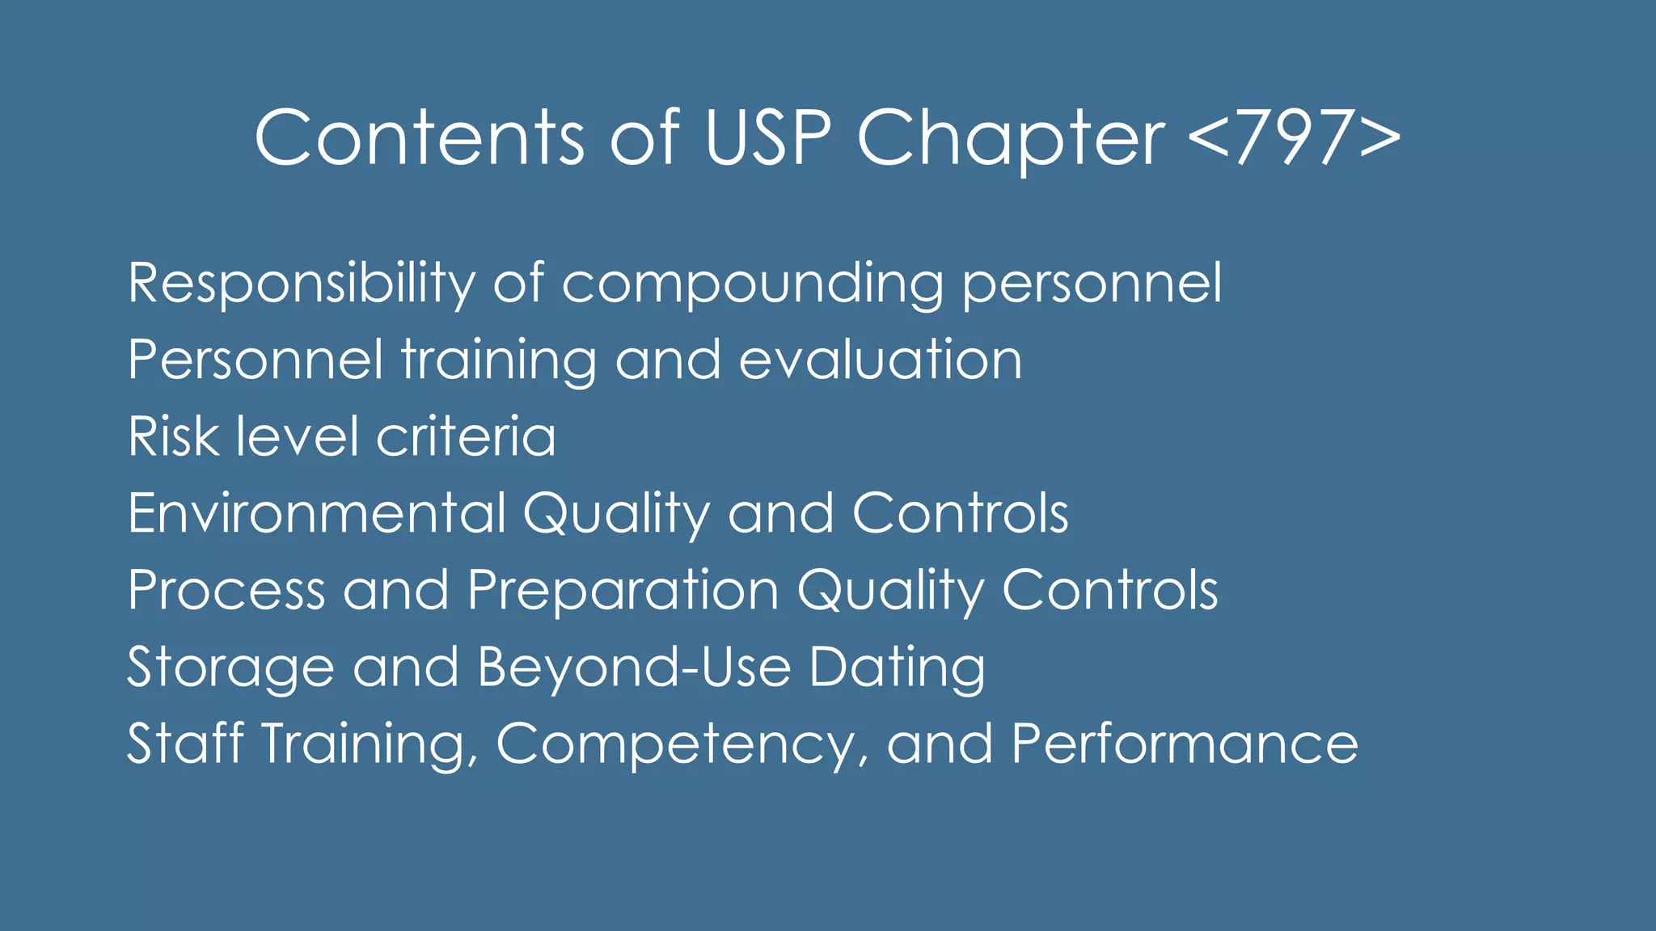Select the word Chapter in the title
click(x=1010, y=139)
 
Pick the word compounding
click(x=752, y=284)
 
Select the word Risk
click(x=173, y=436)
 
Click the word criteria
click(x=466, y=436)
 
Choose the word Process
click(x=226, y=590)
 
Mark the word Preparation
click(x=623, y=590)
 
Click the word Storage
click(x=230, y=668)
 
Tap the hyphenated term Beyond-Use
click(x=633, y=668)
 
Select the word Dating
click(x=897, y=668)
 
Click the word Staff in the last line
click(x=185, y=744)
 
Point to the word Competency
click(x=676, y=745)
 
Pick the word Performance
click(x=1185, y=744)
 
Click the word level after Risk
click(x=297, y=436)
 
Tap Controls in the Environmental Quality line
click(x=961, y=513)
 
